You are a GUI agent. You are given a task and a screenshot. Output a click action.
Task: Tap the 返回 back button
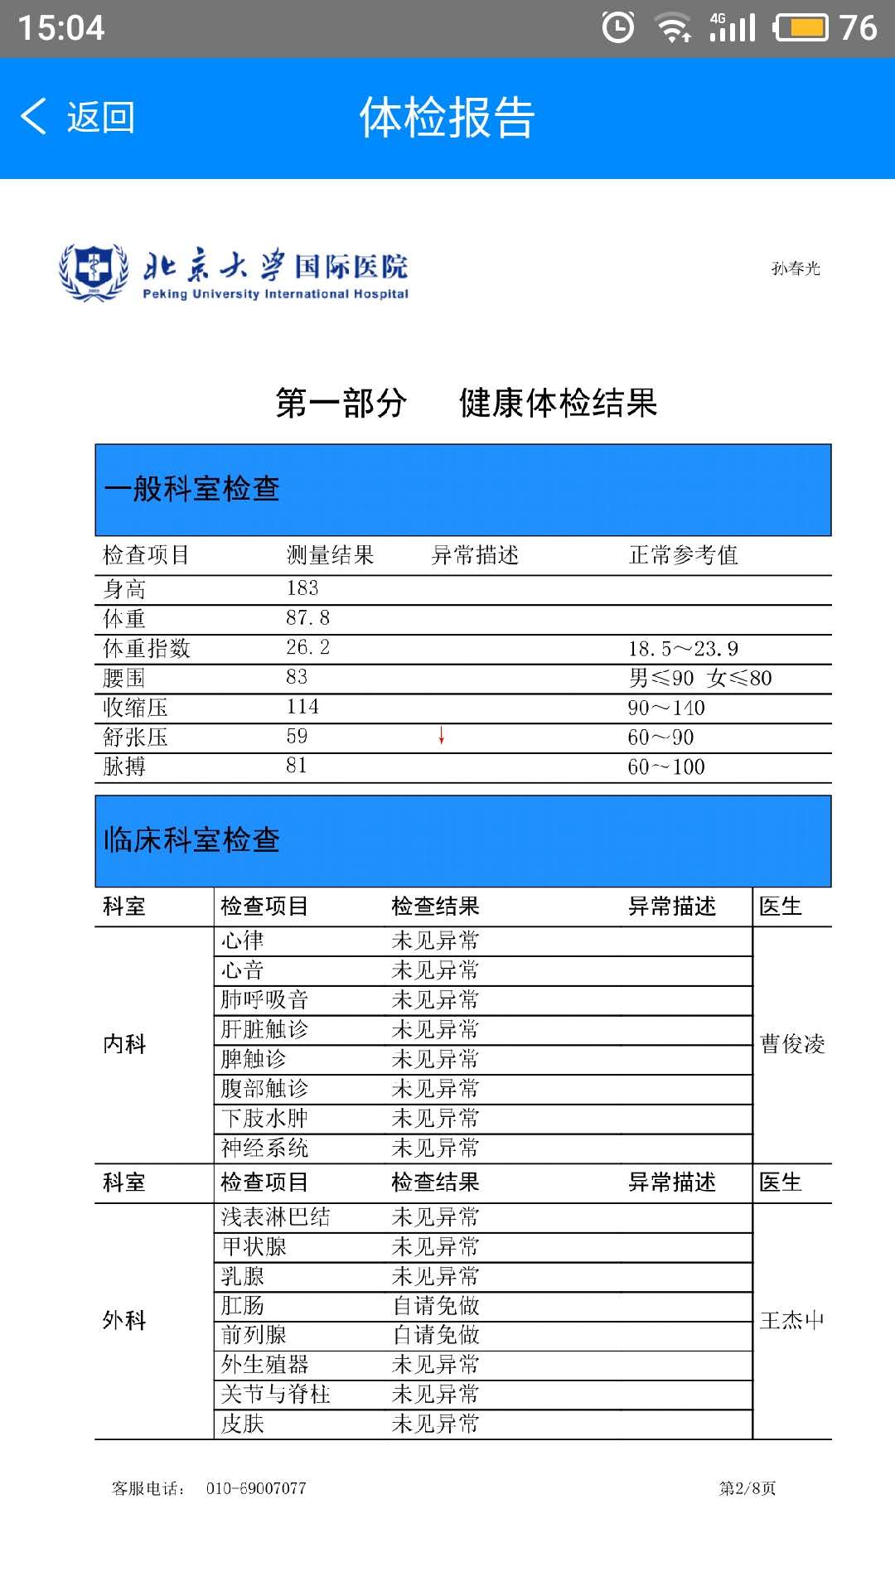click(78, 117)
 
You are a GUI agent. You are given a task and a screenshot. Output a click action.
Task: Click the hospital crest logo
click(93, 270)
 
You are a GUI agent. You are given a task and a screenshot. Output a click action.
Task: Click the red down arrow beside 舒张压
click(442, 736)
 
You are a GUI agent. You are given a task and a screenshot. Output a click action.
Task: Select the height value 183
click(302, 588)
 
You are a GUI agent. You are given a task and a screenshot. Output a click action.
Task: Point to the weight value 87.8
click(307, 618)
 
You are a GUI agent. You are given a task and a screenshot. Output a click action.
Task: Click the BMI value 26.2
click(307, 647)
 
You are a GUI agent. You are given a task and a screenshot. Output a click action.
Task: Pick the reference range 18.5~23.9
click(683, 649)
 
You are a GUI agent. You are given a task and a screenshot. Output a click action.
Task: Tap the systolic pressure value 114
click(302, 707)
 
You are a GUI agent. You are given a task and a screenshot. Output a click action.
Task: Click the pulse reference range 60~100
click(666, 767)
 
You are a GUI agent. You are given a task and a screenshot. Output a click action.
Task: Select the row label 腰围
click(124, 678)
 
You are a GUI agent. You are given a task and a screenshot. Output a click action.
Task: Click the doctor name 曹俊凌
click(792, 1044)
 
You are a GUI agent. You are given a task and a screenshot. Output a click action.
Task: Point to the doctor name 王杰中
click(791, 1320)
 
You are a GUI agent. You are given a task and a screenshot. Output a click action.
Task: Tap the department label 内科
click(124, 1044)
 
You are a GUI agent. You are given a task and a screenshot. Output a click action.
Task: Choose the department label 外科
click(124, 1320)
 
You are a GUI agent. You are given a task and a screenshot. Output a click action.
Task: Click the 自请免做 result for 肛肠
click(435, 1306)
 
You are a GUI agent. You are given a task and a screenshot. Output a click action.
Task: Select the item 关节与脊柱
click(275, 1395)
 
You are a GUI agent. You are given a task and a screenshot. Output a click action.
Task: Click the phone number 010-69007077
click(256, 1488)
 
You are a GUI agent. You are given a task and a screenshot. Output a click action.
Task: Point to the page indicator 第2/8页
click(747, 1488)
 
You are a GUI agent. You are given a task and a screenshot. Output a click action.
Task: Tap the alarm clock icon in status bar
click(618, 27)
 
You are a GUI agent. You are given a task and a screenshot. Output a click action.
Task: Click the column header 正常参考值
click(683, 555)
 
